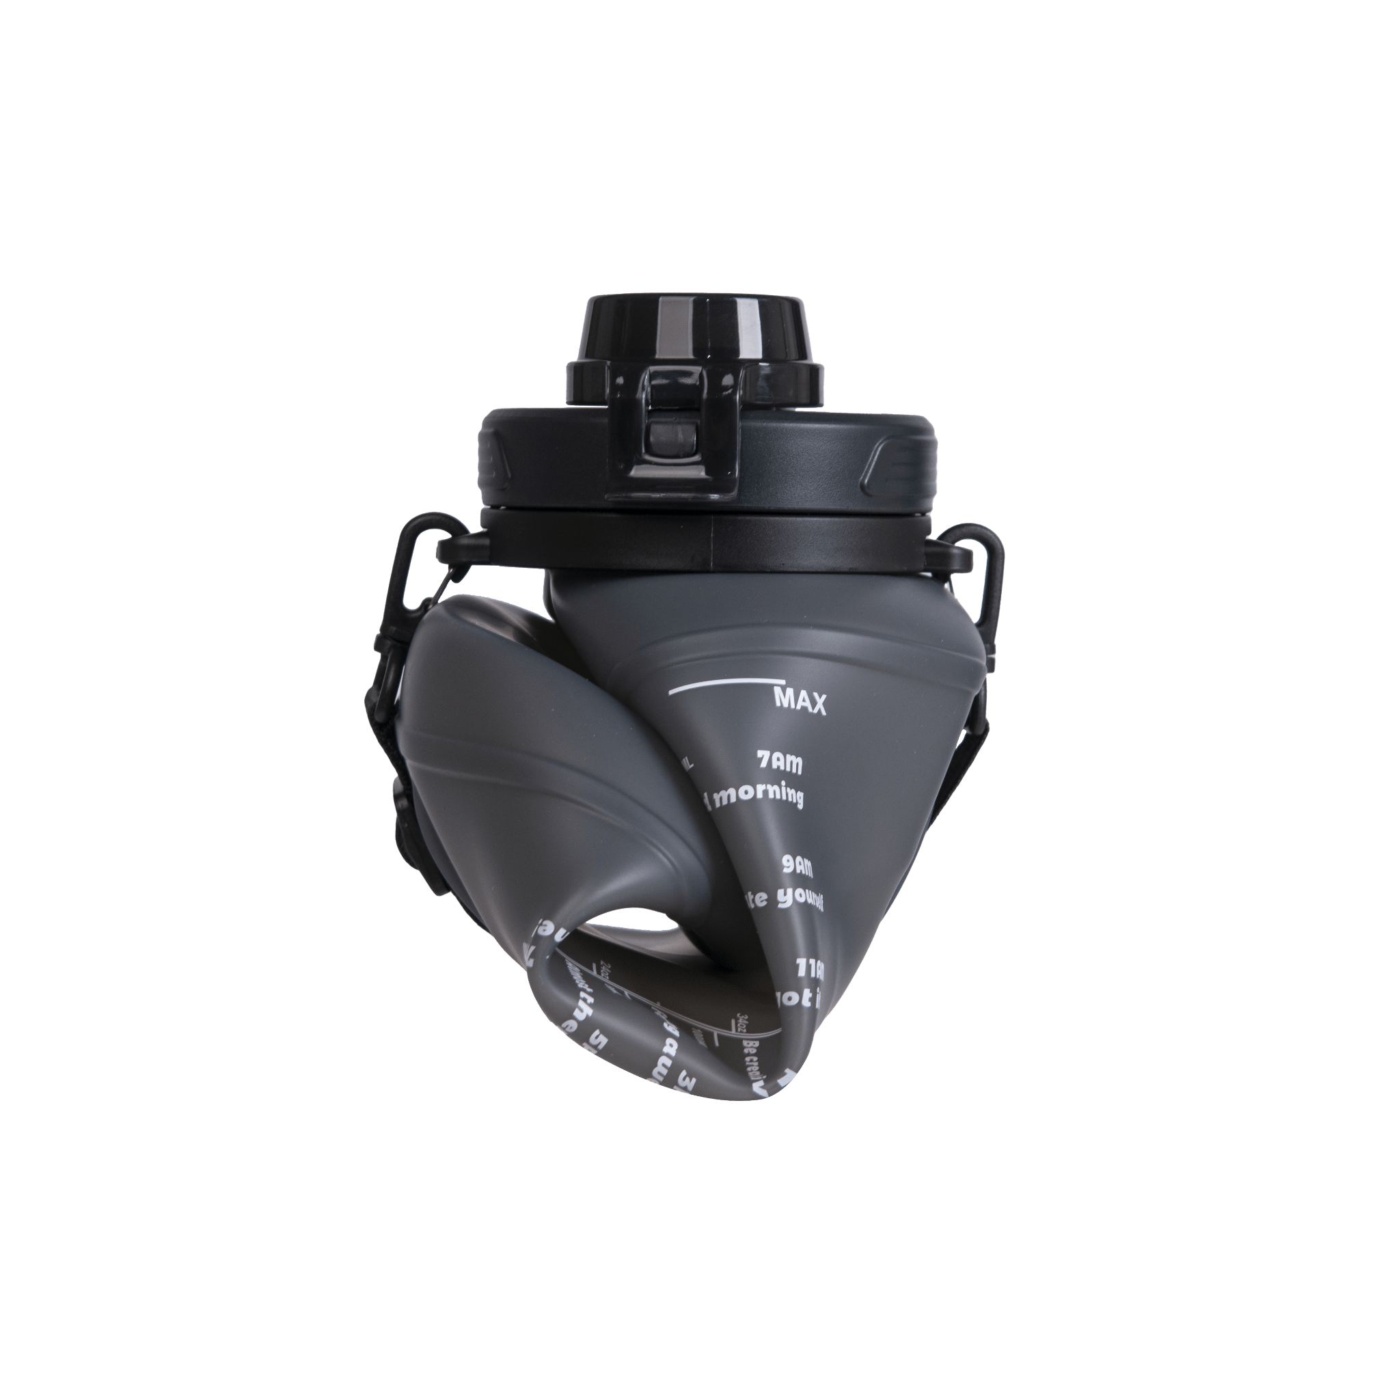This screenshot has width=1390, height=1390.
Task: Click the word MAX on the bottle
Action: click(800, 700)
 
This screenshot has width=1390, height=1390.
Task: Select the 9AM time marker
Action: click(797, 867)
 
